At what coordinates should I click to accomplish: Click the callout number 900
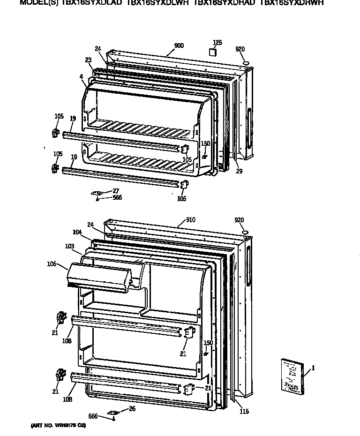[179, 45]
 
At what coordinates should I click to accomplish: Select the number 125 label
[217, 43]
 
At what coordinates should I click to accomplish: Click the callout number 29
[239, 172]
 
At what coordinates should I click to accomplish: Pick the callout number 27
[116, 191]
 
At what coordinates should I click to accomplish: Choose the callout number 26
[132, 409]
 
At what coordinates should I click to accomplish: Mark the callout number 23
[89, 60]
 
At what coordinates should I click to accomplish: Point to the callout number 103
[70, 246]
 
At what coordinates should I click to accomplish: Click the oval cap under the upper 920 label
[246, 62]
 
